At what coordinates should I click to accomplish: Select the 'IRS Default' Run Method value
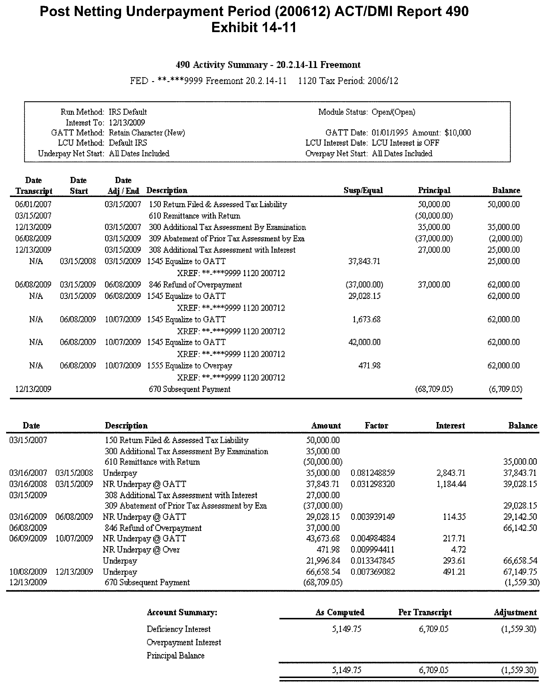click(128, 112)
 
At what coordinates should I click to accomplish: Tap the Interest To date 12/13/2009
click(127, 123)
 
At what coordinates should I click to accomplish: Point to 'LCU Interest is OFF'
click(405, 143)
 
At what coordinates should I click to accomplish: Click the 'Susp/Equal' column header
click(363, 190)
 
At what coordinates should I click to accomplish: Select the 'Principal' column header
click(434, 190)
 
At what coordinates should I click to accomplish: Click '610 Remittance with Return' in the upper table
click(195, 216)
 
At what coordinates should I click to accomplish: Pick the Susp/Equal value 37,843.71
click(364, 262)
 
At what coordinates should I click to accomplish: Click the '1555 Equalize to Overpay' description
click(189, 366)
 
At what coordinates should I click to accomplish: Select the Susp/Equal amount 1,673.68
click(366, 319)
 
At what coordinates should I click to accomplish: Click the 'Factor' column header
click(376, 426)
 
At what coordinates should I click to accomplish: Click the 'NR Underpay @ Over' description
click(141, 550)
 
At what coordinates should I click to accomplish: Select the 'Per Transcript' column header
click(425, 613)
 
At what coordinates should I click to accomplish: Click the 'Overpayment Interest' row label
click(184, 642)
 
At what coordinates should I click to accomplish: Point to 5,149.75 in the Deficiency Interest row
click(346, 629)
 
